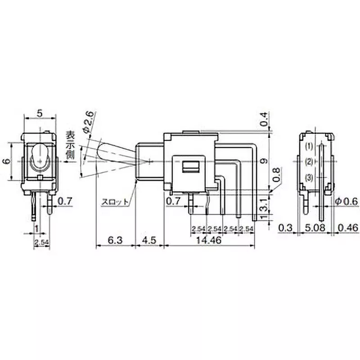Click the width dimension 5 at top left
pyautogui.click(x=40, y=114)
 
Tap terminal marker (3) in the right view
pyautogui.click(x=309, y=178)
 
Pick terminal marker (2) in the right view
pyautogui.click(x=309, y=162)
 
